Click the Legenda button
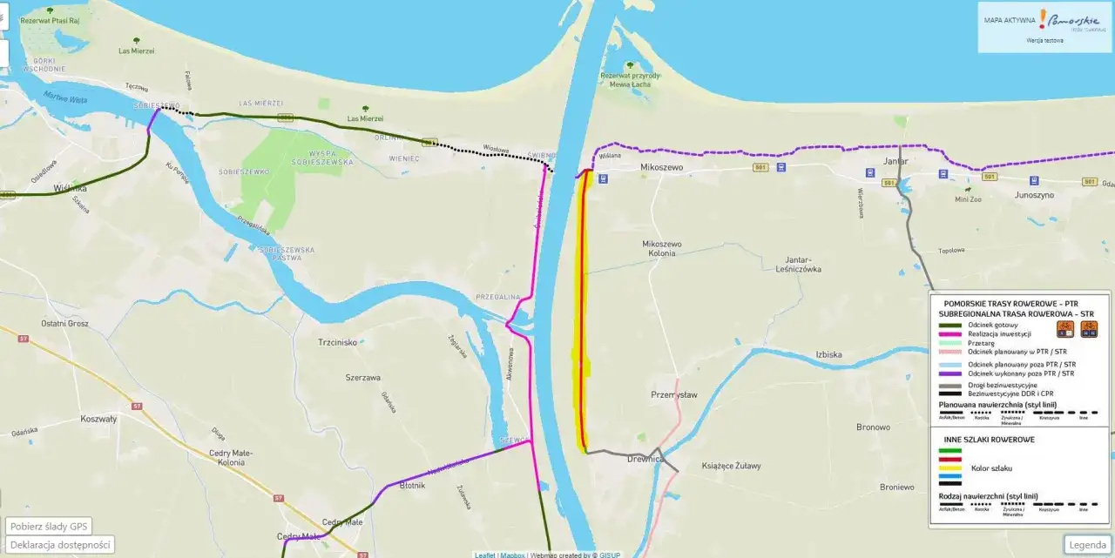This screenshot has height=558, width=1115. tap(1087, 545)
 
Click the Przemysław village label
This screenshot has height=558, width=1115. tap(674, 394)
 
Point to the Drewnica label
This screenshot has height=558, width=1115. tap(645, 459)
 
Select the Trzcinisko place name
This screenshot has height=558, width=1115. tap(338, 342)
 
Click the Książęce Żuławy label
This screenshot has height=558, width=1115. tap(732, 467)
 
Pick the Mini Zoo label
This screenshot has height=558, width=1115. tap(968, 198)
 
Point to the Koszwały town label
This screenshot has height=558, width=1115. tap(98, 418)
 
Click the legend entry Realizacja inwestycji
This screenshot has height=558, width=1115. tap(999, 333)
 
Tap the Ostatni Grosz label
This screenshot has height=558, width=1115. tap(64, 324)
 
